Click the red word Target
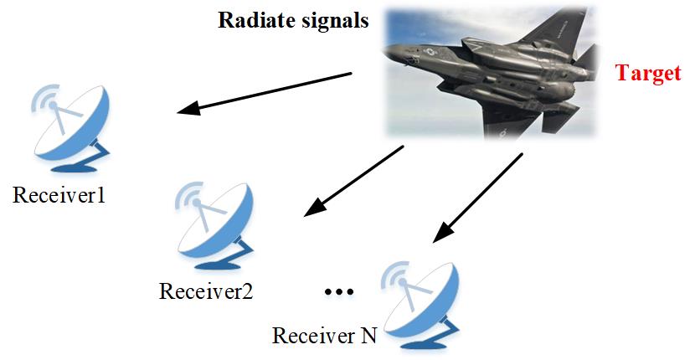(x=648, y=74)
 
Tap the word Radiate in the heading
(x=254, y=20)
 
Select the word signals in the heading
(x=332, y=21)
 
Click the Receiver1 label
(x=59, y=194)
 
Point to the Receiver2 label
(x=206, y=291)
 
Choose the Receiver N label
(x=324, y=336)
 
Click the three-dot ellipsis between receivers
(x=339, y=291)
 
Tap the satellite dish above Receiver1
(x=70, y=128)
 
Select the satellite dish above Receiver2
(x=214, y=226)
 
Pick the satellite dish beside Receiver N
(x=420, y=306)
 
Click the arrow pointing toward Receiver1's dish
(x=264, y=93)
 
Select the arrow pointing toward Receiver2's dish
(x=353, y=181)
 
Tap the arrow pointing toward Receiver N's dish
(x=478, y=198)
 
